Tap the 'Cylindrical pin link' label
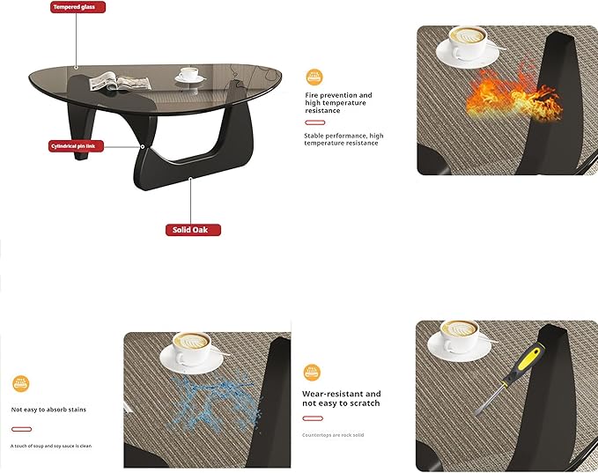(84, 145)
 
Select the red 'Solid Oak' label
(193, 230)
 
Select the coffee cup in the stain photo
(189, 351)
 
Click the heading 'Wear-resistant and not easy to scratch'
(342, 398)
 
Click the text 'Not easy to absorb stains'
(48, 410)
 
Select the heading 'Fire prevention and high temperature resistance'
(339, 103)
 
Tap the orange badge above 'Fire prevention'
(314, 77)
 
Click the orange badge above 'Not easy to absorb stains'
(21, 383)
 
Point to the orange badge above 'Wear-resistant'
(312, 372)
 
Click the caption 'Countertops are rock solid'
(333, 435)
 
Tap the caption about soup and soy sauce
(51, 446)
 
